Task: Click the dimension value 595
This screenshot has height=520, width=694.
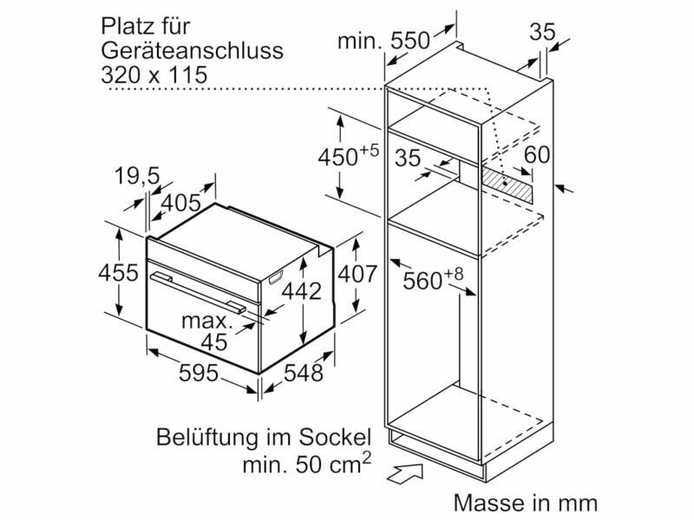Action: [x=199, y=373]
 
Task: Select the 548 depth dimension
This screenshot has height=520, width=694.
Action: [x=303, y=373]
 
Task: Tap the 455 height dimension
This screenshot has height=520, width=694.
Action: [x=118, y=272]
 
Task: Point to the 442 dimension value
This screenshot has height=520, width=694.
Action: [x=301, y=291]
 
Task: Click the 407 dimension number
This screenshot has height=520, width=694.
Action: [x=357, y=274]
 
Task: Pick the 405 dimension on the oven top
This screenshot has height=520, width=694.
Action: [x=180, y=203]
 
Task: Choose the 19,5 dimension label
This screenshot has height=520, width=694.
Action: [x=137, y=177]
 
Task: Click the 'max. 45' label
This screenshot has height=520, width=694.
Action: [x=207, y=331]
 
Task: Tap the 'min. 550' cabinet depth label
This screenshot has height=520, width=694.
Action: [x=383, y=41]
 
